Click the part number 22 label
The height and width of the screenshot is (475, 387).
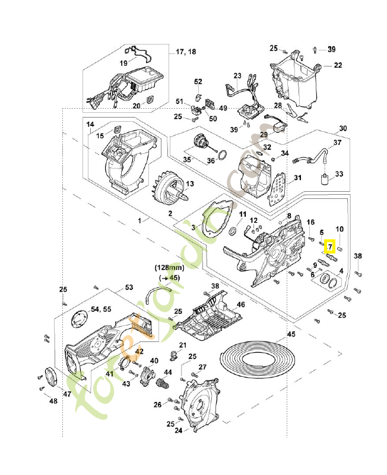click(x=337, y=65)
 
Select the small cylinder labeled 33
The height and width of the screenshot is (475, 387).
click(x=325, y=180)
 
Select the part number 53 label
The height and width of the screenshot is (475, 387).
click(x=129, y=287)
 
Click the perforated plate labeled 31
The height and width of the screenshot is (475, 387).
click(x=278, y=188)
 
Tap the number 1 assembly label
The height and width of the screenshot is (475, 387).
click(x=140, y=220)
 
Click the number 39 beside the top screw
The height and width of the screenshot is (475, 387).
click(x=331, y=48)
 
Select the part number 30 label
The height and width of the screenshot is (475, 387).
click(x=343, y=129)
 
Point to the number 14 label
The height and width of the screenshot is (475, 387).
click(x=90, y=125)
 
